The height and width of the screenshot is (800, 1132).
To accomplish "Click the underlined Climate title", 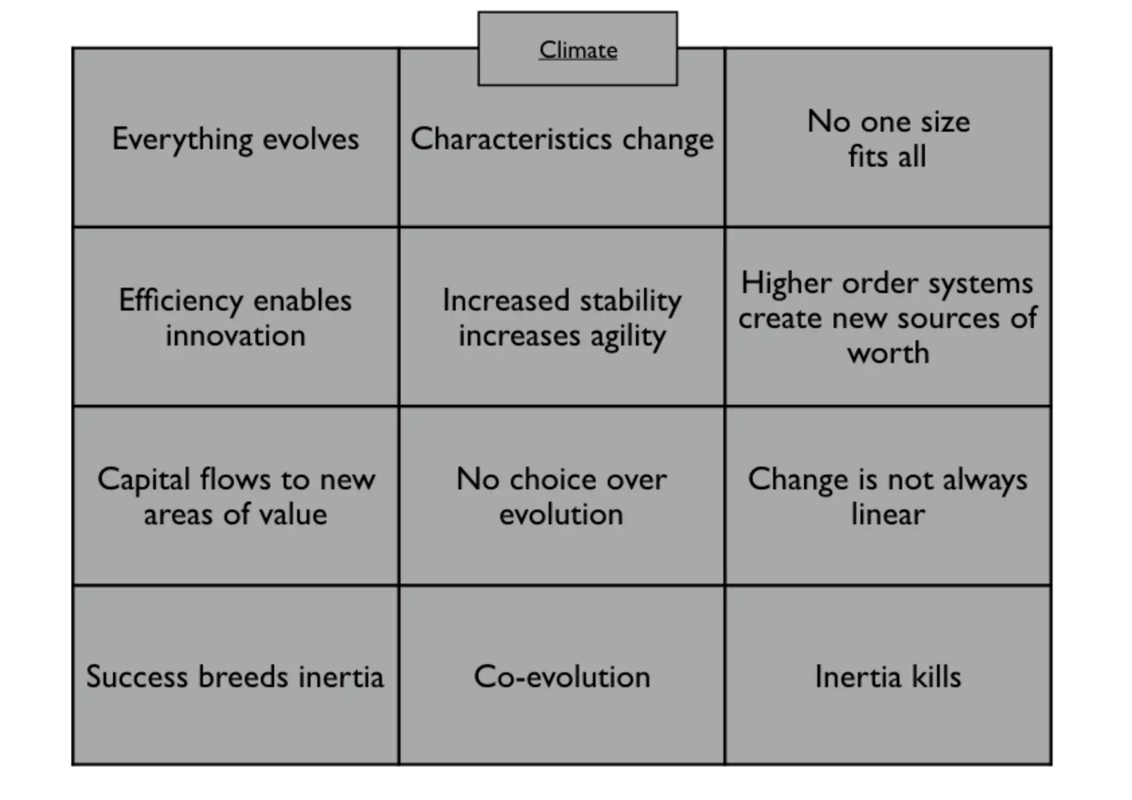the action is pyautogui.click(x=578, y=50).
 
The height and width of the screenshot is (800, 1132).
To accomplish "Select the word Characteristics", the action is pyautogui.click(x=511, y=139).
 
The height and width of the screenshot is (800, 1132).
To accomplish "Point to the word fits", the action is pyautogui.click(x=868, y=156).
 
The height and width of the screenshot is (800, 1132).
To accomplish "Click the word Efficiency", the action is pyautogui.click(x=181, y=301).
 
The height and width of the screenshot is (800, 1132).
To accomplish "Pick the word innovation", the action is pyautogui.click(x=235, y=336).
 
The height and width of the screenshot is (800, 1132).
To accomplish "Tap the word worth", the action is pyautogui.click(x=888, y=353).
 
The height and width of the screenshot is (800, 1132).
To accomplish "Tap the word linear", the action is pyautogui.click(x=887, y=515).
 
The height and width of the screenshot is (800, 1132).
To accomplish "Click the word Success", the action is pyautogui.click(x=137, y=677).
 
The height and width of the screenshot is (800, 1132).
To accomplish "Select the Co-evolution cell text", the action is pyautogui.click(x=562, y=677).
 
